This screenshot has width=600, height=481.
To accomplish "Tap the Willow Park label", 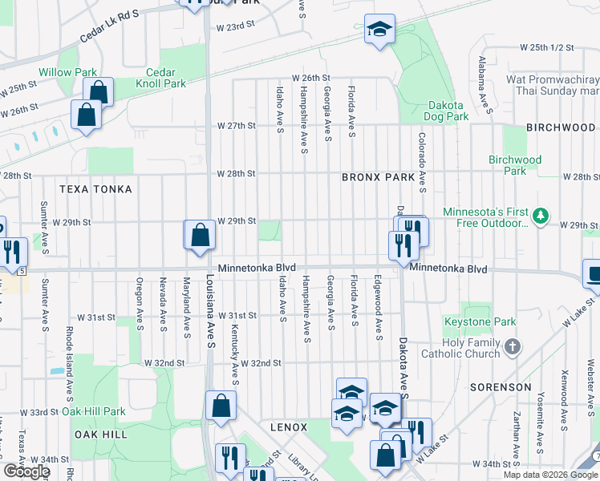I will click(68, 73).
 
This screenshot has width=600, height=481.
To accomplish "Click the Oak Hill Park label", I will click(94, 411).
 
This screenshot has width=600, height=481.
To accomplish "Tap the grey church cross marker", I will click(513, 347).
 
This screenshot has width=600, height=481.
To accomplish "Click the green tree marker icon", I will click(541, 215).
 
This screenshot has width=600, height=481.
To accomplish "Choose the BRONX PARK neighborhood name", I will click(378, 177).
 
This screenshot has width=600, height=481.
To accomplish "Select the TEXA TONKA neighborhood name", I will click(95, 188).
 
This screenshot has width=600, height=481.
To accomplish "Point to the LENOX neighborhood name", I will click(289, 427).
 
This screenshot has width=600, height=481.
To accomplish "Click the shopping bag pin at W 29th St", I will click(201, 236).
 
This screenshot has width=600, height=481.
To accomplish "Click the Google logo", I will click(27, 471).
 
